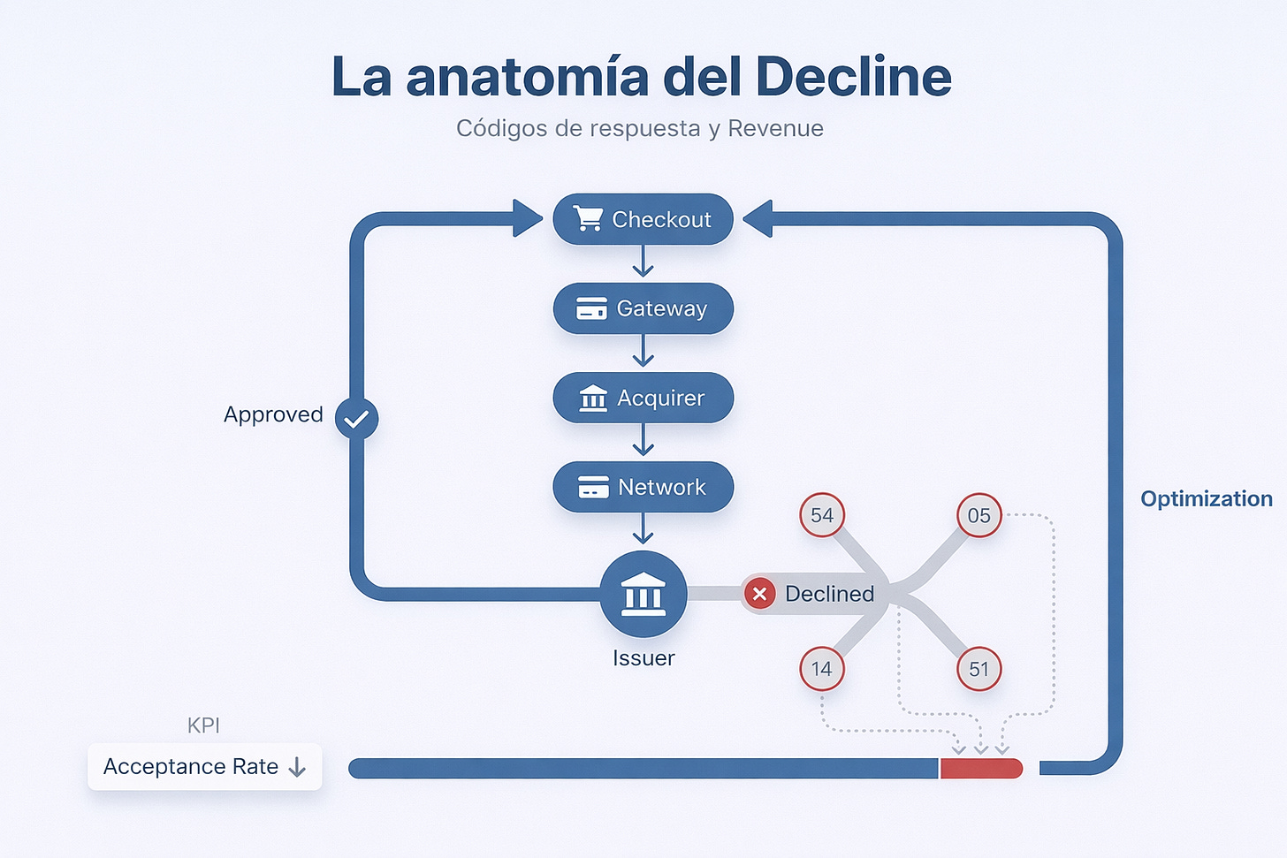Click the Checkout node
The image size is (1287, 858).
click(x=643, y=219)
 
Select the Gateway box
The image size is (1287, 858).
click(x=643, y=308)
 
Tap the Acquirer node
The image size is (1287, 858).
click(x=643, y=398)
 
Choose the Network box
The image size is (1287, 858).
click(x=643, y=487)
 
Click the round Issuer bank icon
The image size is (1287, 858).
click(x=643, y=595)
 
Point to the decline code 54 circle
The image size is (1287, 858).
click(x=822, y=515)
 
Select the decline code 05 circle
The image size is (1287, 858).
click(x=979, y=515)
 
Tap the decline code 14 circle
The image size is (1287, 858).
click(x=822, y=669)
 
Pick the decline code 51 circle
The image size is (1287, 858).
click(x=979, y=669)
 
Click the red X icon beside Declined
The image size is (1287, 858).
click(x=759, y=594)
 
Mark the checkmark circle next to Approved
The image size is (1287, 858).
click(x=357, y=419)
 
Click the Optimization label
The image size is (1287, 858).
click(x=1206, y=498)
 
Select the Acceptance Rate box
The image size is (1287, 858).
click(x=204, y=766)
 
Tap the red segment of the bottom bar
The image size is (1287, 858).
click(x=981, y=768)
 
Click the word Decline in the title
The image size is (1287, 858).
click(x=853, y=77)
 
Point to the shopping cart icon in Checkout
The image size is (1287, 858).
click(x=588, y=218)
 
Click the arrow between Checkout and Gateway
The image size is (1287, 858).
click(x=643, y=262)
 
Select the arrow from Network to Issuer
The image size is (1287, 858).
click(x=643, y=530)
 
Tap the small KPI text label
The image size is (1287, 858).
click(x=203, y=725)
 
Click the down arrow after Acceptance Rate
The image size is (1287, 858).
click(x=297, y=767)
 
